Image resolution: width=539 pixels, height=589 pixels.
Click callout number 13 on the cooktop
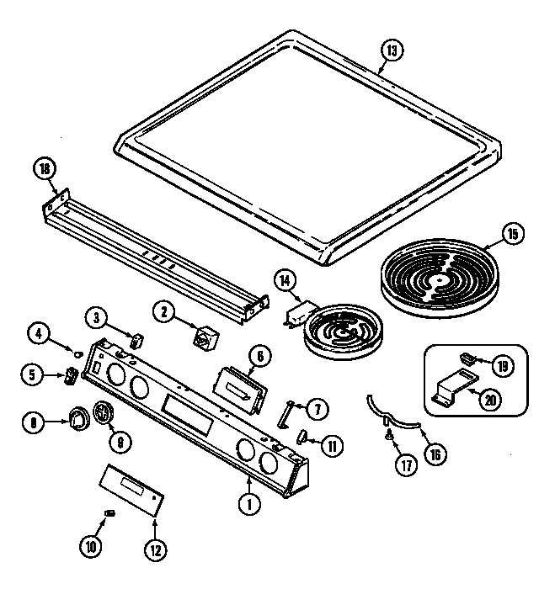391,50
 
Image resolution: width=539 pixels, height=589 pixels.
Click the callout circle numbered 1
248,506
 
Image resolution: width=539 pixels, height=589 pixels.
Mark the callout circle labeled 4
37,332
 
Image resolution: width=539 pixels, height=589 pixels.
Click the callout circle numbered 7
317,410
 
